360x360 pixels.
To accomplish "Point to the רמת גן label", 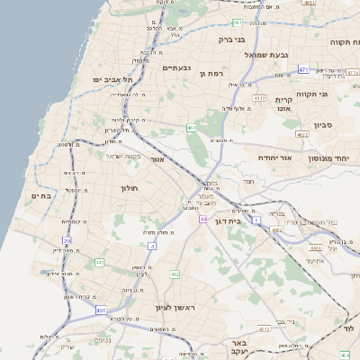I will coord(209,73).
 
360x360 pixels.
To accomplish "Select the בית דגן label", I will coord(229,220).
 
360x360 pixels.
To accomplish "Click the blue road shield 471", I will coord(303,70).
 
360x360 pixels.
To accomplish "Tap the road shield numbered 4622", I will coord(301,135).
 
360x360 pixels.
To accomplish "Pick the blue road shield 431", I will coord(99,310).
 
